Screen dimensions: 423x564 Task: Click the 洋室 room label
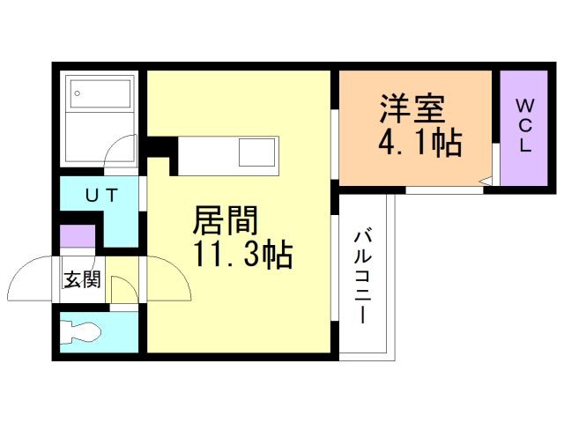[412, 110]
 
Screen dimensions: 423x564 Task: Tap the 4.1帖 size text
[421, 141]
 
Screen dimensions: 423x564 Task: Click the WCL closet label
[524, 126]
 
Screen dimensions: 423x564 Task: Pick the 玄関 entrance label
[80, 280]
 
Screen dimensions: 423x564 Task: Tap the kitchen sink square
[258, 156]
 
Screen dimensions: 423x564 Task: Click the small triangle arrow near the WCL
[484, 183]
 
